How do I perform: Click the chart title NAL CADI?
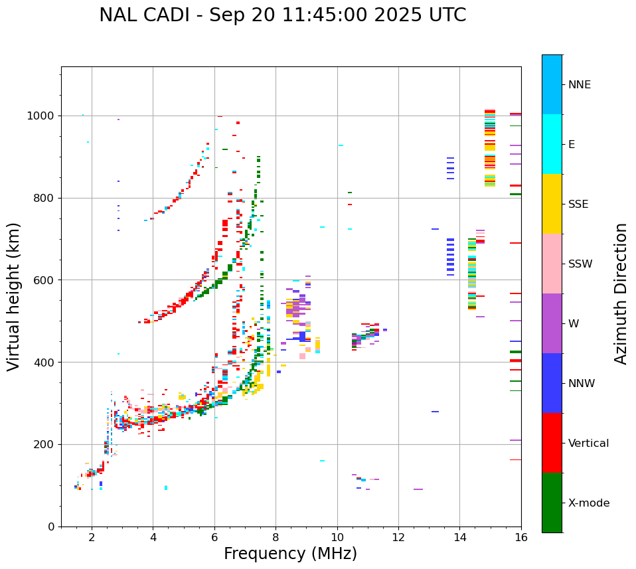pyautogui.click(x=282, y=15)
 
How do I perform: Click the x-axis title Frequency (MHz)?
pyautogui.click(x=290, y=554)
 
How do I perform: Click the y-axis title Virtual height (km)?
pyautogui.click(x=14, y=296)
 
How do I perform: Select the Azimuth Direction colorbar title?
pyautogui.click(x=621, y=293)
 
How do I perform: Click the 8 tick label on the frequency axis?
pyautogui.click(x=276, y=537)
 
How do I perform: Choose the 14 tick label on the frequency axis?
pyautogui.click(x=460, y=537)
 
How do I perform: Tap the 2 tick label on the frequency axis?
pyautogui.click(x=92, y=537)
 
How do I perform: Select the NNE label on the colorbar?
pyautogui.click(x=579, y=85)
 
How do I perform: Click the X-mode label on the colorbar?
pyautogui.click(x=588, y=503)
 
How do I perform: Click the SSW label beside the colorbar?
pyautogui.click(x=580, y=264)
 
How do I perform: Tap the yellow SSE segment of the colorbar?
pyautogui.click(x=552, y=204)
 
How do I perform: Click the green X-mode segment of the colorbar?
pyautogui.click(x=552, y=503)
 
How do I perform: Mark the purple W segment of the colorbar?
pyautogui.click(x=552, y=323)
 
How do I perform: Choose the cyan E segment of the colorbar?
pyautogui.click(x=552, y=144)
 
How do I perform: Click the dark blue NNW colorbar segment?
pyautogui.click(x=552, y=383)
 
